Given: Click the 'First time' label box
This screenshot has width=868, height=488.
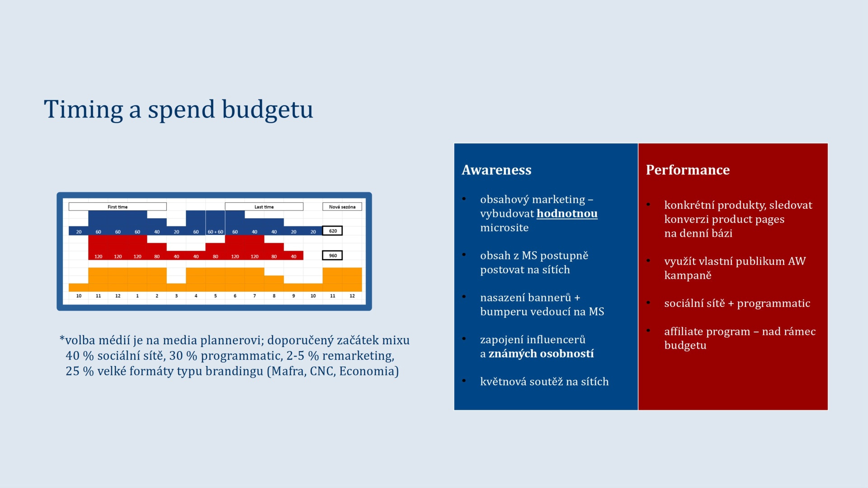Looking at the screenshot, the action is click(x=118, y=206).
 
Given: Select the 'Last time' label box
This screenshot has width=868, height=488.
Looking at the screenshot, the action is click(x=264, y=206).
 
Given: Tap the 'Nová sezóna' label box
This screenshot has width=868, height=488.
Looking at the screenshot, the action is click(x=342, y=206).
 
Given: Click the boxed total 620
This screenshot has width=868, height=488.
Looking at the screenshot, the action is click(x=332, y=231).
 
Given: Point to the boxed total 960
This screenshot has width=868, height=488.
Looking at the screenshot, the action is click(x=332, y=255).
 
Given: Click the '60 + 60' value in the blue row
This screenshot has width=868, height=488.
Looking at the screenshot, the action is click(x=216, y=232).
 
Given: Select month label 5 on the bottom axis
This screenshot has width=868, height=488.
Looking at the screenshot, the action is click(x=216, y=296).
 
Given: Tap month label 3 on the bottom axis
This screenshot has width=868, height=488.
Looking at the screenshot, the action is click(x=176, y=296).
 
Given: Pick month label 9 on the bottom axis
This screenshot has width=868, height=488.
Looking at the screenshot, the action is click(x=293, y=296).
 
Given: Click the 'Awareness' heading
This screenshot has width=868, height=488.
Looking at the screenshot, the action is click(x=496, y=170).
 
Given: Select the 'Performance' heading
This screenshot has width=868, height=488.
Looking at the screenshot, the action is click(x=688, y=170).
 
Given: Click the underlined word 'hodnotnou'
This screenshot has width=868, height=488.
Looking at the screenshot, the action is click(x=567, y=213).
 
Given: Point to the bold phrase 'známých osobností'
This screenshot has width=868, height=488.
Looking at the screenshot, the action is click(x=541, y=353).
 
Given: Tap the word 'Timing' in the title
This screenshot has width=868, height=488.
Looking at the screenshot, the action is click(x=83, y=110).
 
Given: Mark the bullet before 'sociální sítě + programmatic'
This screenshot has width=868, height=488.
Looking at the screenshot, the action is click(x=648, y=302).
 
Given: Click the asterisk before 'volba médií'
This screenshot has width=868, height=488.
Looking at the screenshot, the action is click(x=62, y=339).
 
